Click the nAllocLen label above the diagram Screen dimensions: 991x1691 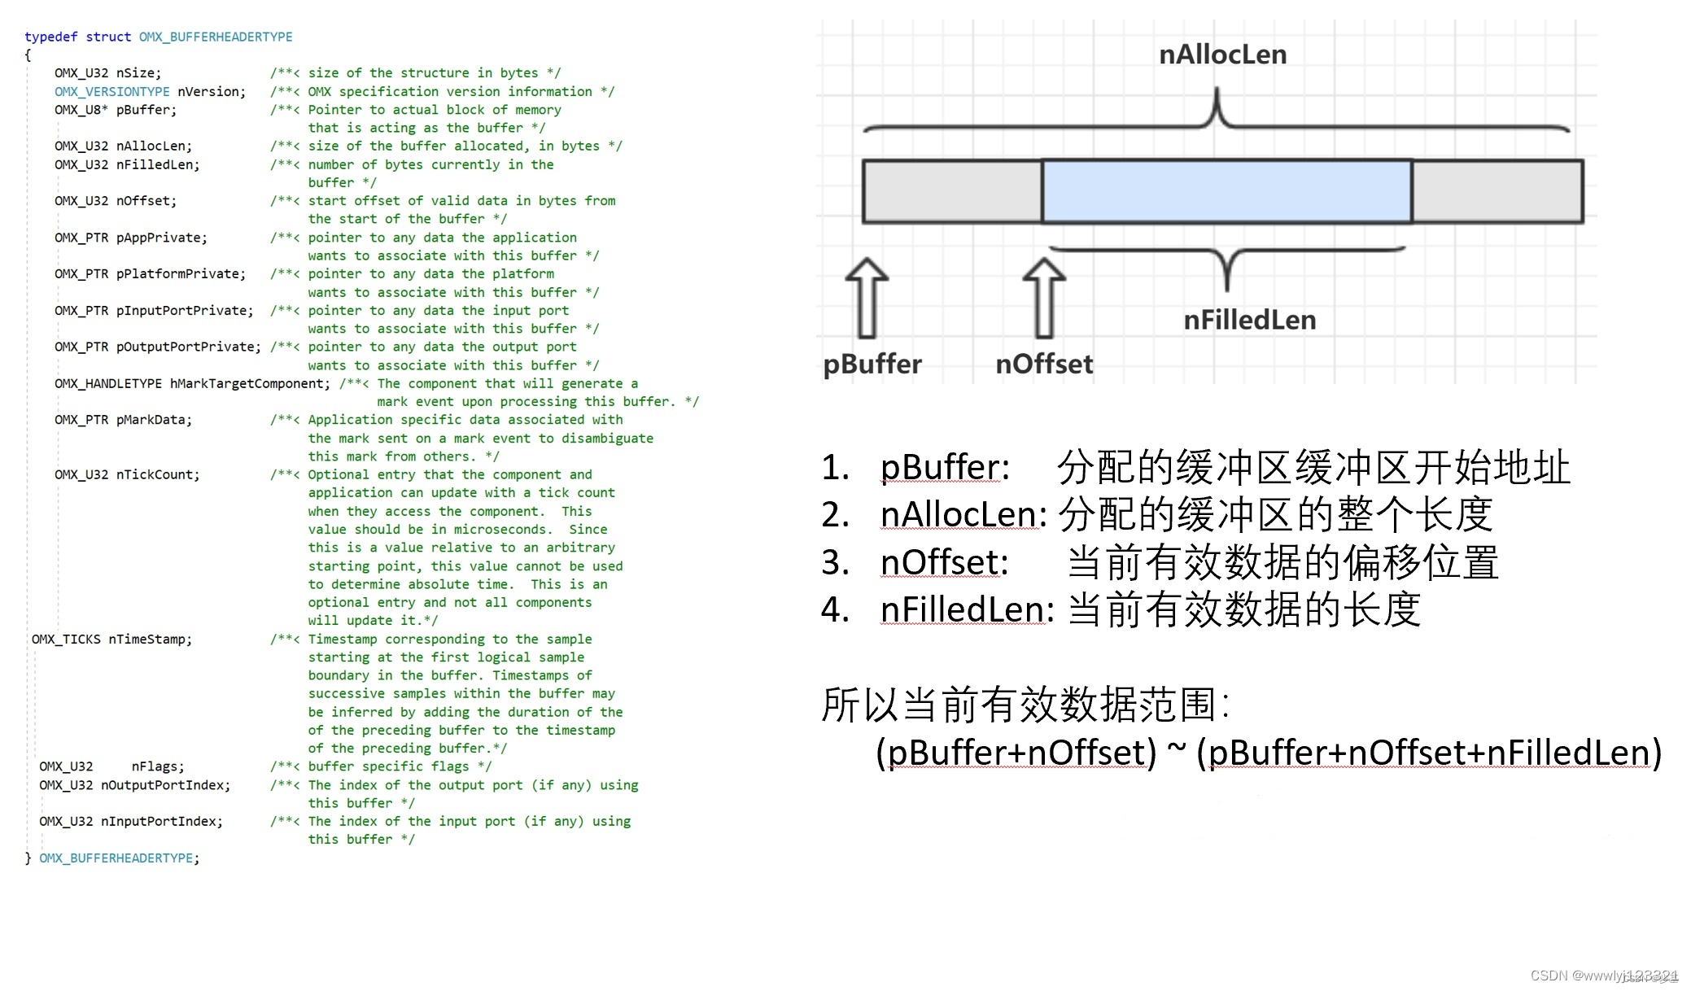[x=1222, y=55]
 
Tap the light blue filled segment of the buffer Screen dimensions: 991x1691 [x=1226, y=192]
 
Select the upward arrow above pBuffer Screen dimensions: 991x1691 [x=867, y=298]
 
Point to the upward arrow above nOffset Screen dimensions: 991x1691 [x=1044, y=298]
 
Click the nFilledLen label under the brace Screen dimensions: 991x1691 [x=1249, y=320]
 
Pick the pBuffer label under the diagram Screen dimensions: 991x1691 [x=872, y=364]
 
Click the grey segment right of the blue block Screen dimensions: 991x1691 [x=1497, y=192]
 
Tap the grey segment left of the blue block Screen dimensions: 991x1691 [x=952, y=192]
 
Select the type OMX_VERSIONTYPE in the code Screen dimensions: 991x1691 [x=112, y=92]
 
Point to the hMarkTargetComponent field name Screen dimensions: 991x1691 [x=250, y=383]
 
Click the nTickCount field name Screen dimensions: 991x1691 [x=157, y=474]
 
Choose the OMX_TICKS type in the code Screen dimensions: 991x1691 [x=66, y=640]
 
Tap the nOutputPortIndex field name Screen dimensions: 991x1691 [x=165, y=785]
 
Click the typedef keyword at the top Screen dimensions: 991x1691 [x=50, y=37]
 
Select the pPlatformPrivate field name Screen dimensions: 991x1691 [x=181, y=274]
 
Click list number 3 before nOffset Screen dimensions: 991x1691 [x=835, y=562]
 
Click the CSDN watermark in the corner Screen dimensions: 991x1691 [x=1603, y=976]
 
